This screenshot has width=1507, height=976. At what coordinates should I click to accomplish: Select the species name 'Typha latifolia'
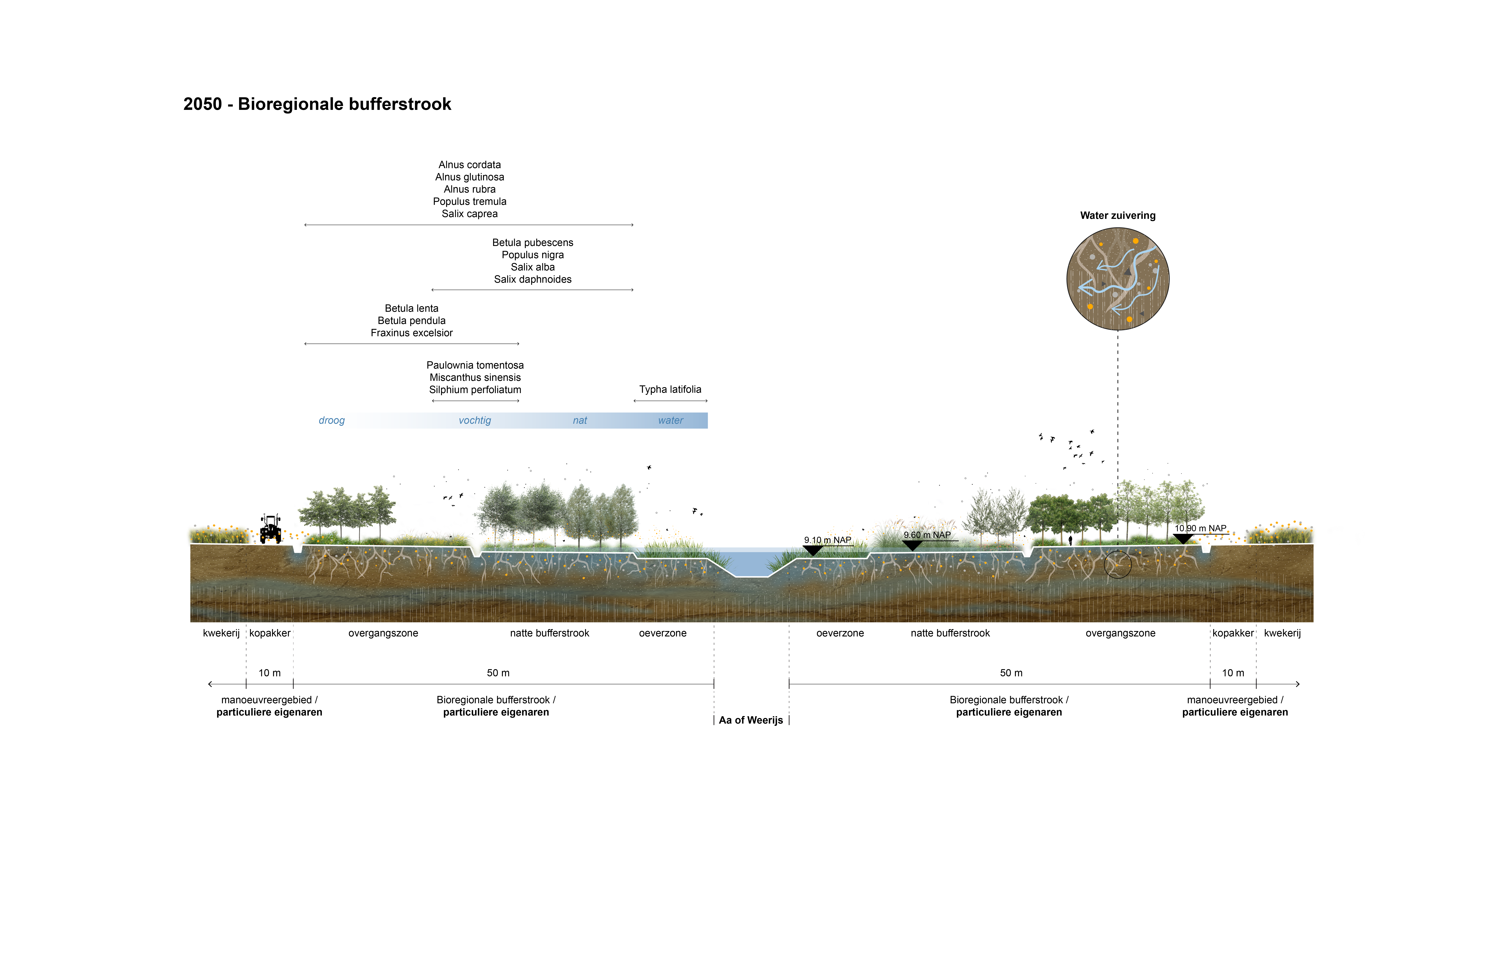(670, 389)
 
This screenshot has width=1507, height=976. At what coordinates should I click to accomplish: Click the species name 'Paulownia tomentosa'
(475, 365)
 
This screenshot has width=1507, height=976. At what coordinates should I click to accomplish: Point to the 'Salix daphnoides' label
(533, 279)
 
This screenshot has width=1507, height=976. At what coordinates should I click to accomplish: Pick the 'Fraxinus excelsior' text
(412, 333)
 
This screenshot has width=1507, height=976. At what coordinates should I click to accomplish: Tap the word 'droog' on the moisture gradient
(332, 420)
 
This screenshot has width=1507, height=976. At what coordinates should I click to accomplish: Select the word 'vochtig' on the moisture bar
(475, 420)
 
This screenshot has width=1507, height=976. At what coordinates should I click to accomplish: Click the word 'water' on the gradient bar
(670, 420)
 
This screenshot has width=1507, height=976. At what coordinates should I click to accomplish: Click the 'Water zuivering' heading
(1118, 215)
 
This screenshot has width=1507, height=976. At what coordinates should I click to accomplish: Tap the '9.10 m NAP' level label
(828, 540)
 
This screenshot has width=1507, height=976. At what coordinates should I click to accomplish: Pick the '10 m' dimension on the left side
(270, 673)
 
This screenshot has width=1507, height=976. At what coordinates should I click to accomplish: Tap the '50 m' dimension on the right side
(1011, 673)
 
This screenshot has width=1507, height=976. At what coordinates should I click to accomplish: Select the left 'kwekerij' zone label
(221, 633)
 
